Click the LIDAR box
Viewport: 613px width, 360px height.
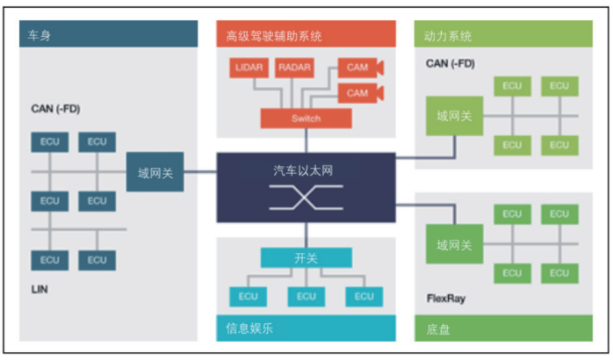tap(249, 68)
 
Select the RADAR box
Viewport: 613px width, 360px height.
tap(295, 68)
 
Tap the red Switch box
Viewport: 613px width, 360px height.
tap(306, 119)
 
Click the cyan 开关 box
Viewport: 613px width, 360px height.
tap(306, 258)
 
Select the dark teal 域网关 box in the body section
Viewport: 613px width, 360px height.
tap(155, 172)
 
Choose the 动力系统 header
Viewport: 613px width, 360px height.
tap(448, 36)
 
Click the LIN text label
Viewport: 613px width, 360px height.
tap(40, 289)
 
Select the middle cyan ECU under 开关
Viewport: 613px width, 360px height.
tap(306, 297)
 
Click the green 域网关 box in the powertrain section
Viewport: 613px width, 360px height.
tap(455, 115)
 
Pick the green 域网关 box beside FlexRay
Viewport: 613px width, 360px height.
tap(455, 244)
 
